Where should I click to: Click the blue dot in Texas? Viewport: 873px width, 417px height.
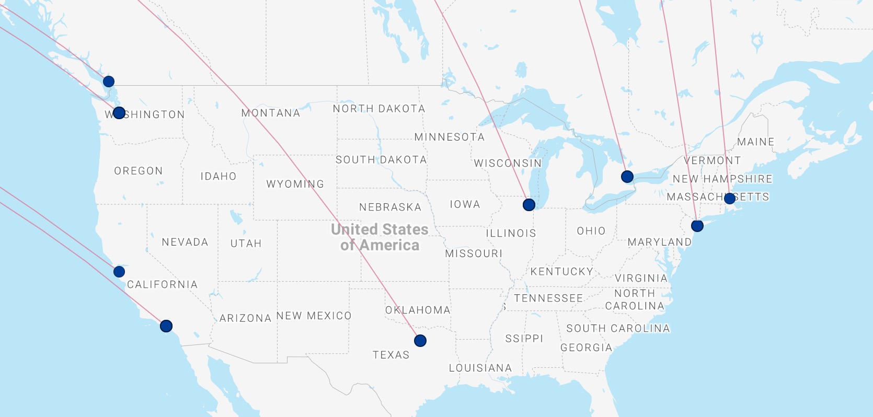[420, 341]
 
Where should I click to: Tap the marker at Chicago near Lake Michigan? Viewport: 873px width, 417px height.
[529, 204]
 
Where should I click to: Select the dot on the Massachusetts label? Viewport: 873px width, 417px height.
[729, 198]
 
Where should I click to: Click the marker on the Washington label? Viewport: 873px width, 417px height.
[119, 113]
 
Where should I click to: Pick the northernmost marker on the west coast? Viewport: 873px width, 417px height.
[108, 81]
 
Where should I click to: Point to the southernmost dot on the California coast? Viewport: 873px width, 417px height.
[166, 326]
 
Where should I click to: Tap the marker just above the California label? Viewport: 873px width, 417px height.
[119, 272]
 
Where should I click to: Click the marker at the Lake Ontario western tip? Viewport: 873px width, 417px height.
[627, 177]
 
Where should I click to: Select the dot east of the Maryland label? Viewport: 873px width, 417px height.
[697, 226]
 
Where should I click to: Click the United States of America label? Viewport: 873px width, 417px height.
[380, 237]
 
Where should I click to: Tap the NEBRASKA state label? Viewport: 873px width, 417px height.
[390, 207]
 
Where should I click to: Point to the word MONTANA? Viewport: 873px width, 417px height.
[271, 113]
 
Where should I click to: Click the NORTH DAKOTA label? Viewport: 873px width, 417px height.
[379, 109]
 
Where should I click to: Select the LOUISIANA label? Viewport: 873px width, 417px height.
[480, 368]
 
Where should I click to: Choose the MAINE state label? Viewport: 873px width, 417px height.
[755, 142]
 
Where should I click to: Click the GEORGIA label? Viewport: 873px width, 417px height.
[586, 348]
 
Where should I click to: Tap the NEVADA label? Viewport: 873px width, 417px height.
[185, 242]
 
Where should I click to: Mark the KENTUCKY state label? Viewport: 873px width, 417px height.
[562, 272]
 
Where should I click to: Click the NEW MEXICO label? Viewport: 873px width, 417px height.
[314, 316]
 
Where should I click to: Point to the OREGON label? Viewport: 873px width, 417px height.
[139, 171]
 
